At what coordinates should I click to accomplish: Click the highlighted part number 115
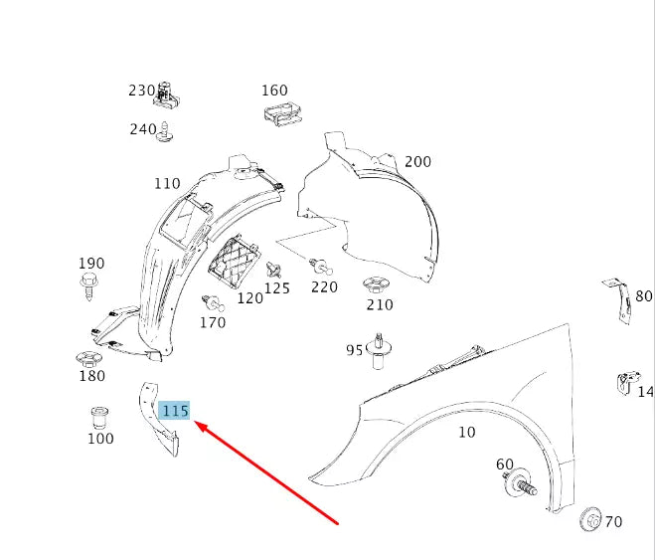coord(175,410)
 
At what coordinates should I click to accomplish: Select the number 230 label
coord(142,91)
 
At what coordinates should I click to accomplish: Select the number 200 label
coord(417,161)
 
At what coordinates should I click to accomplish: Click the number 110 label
coord(167,183)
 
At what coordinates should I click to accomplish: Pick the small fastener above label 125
coord(275,269)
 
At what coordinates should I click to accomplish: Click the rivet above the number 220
coord(321,266)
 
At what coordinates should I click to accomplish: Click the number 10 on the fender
coord(466,432)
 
